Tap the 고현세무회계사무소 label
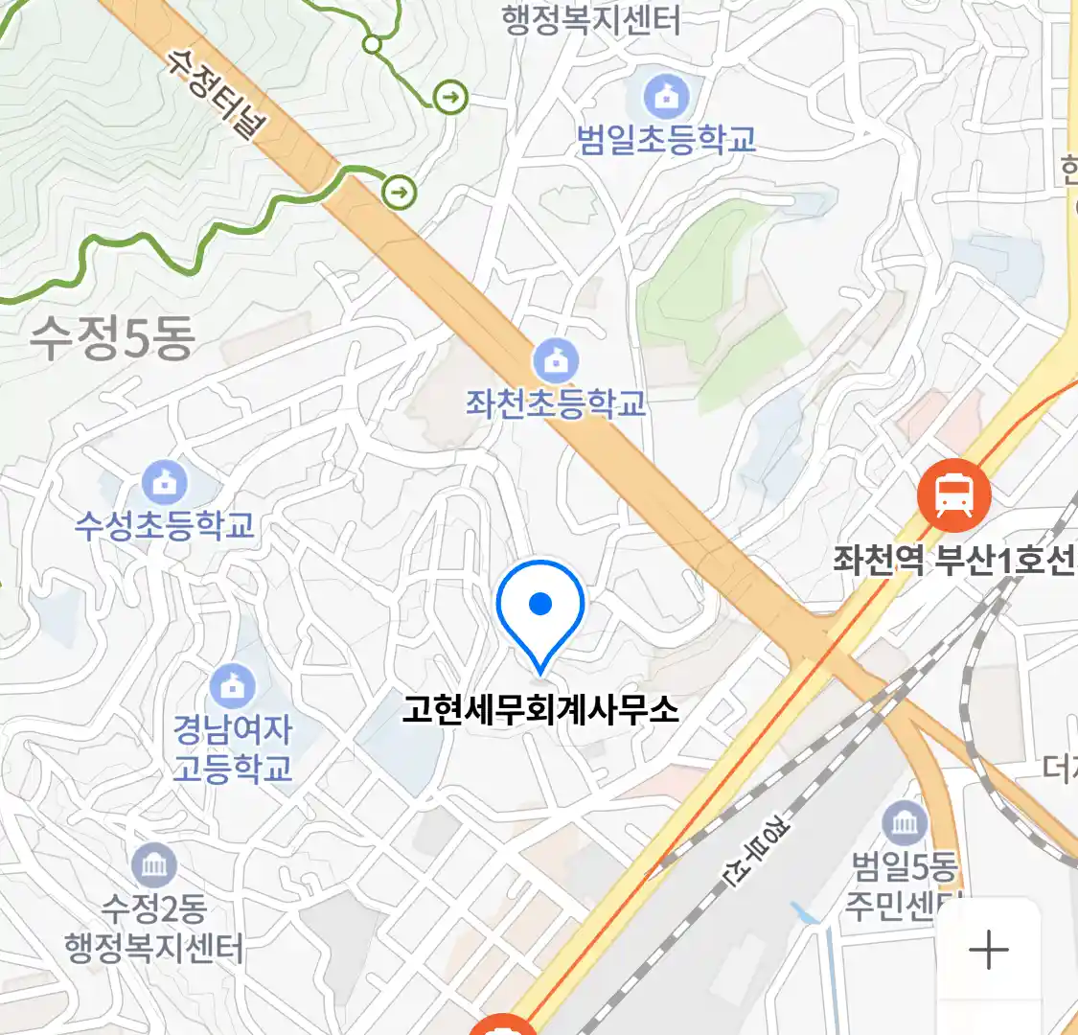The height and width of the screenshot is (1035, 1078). [540, 710]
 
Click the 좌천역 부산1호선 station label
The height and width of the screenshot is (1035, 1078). [954, 560]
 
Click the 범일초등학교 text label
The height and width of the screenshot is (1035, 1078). [666, 140]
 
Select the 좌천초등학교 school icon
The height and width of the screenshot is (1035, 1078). [555, 361]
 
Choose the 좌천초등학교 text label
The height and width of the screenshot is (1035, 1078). [556, 403]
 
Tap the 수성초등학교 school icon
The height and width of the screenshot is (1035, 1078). [166, 483]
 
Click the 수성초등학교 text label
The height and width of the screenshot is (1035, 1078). [165, 525]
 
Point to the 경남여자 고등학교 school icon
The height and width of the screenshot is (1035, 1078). [232, 685]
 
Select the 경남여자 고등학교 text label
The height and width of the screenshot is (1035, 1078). [233, 748]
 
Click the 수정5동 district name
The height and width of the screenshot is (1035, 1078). [113, 338]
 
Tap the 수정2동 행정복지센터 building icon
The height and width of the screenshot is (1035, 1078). [153, 867]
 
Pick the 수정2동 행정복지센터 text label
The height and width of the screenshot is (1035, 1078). [153, 928]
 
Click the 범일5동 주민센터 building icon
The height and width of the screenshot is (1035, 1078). [904, 823]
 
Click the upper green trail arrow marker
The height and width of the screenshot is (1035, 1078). [450, 97]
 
